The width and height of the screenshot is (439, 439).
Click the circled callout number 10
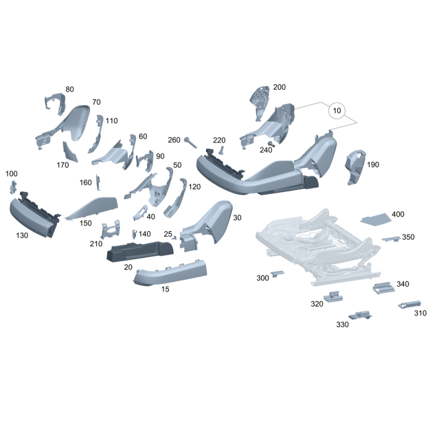coord(337,110)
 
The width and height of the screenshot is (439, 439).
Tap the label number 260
coord(174,140)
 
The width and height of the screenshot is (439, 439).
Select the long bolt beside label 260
coord(190,143)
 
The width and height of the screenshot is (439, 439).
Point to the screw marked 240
coord(271,144)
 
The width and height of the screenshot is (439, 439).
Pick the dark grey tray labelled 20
coord(140,251)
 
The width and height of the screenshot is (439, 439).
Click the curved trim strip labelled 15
coord(170,273)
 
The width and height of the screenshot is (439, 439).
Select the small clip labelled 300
coord(277,273)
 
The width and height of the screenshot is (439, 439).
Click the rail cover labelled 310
coord(409,305)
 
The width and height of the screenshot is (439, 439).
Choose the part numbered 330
coord(361,315)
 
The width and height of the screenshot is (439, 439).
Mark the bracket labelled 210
coord(111,229)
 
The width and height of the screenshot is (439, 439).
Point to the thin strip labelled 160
coord(98,182)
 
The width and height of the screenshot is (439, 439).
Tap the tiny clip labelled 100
coord(13,187)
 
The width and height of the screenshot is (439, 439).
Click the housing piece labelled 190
coord(354,167)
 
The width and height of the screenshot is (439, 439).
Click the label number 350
coord(408,237)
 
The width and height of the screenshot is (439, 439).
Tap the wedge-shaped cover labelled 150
coord(92,207)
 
